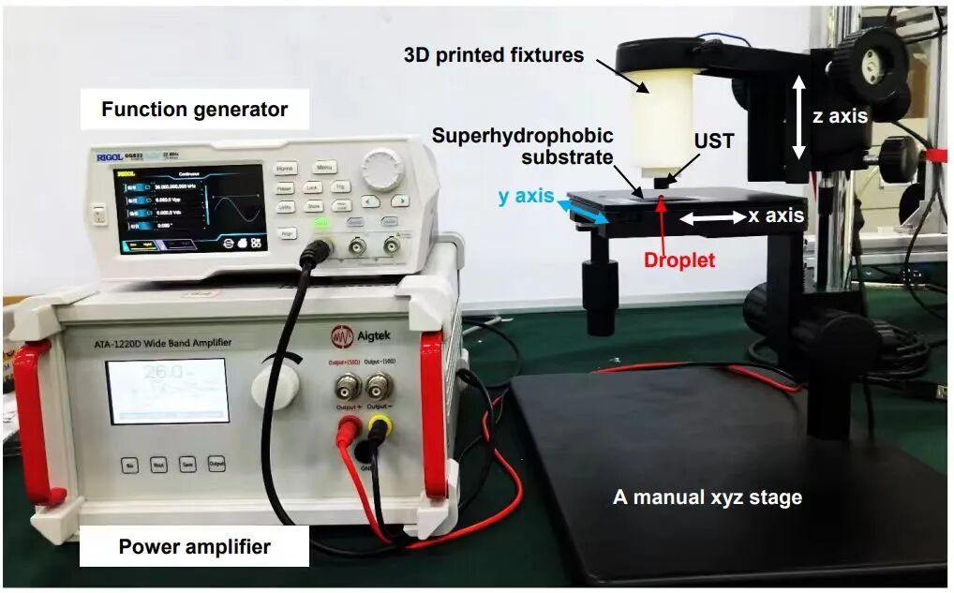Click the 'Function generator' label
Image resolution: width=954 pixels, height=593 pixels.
pos(194,110)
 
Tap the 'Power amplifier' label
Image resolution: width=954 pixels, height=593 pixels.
pos(194,547)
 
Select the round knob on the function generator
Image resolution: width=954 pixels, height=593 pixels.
pos(381,170)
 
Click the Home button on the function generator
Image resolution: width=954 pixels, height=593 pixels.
pos(286,170)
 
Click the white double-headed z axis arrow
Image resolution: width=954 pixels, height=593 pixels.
pos(797,116)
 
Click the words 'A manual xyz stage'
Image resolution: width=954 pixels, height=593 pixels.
pos(708,497)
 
